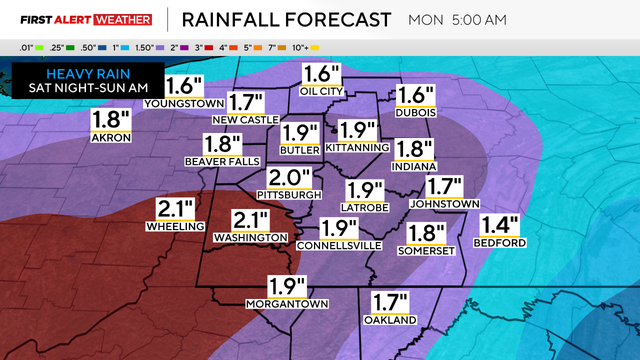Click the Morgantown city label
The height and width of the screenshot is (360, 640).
click(287, 303)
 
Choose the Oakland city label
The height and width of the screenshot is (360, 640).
click(389, 320)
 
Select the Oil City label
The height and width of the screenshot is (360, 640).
click(322, 91)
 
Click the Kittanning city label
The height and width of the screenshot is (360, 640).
click(356, 148)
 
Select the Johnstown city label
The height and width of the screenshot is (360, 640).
click(447, 204)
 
